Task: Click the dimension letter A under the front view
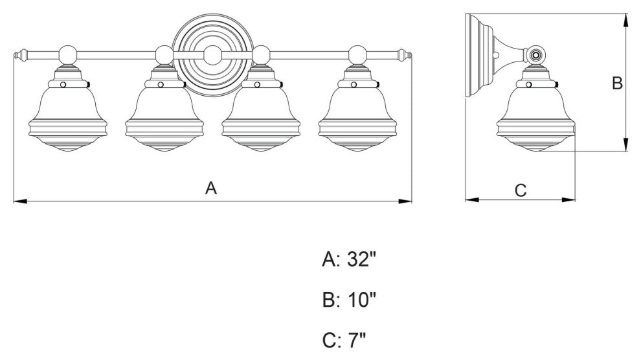(210, 188)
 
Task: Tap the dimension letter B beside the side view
(617, 83)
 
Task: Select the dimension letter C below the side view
(521, 190)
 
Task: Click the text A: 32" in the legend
(349, 260)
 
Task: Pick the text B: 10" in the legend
(349, 299)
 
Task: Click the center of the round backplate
(212, 54)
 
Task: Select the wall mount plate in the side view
(476, 56)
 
